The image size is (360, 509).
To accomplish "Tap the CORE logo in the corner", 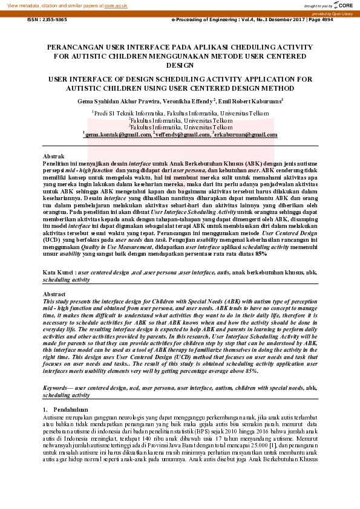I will tap(343, 5).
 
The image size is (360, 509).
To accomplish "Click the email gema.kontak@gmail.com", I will tap(118, 135).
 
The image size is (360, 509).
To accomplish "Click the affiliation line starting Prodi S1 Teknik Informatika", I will tap(181, 113).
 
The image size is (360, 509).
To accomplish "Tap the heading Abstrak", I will tap(53, 157).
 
